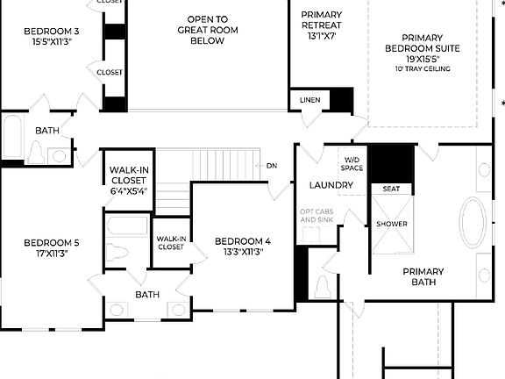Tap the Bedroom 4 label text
point(243,241)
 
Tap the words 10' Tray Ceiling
point(423,68)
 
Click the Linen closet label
point(310,100)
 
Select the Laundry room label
point(331,185)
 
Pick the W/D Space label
point(352,163)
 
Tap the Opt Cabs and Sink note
point(317,215)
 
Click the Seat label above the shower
point(391,188)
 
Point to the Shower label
point(392,224)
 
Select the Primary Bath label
point(423,276)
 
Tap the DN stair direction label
point(272,165)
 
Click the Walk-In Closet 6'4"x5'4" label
point(128,180)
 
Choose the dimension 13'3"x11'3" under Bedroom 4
point(243,252)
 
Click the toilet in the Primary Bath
point(323,286)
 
